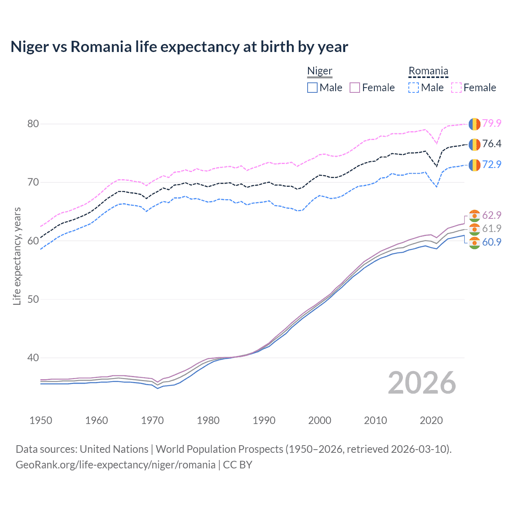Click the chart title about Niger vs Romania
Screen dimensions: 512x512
pyautogui.click(x=179, y=47)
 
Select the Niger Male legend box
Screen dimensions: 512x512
pyautogui.click(x=312, y=88)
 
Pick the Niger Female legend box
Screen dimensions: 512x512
pyautogui.click(x=355, y=88)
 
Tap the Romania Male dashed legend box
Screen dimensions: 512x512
pyautogui.click(x=414, y=88)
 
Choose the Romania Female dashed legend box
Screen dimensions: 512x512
pyautogui.click(x=456, y=88)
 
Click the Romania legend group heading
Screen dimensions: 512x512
pyautogui.click(x=428, y=71)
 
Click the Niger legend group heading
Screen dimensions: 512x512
pyautogui.click(x=320, y=71)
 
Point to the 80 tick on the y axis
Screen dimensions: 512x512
pyautogui.click(x=33, y=124)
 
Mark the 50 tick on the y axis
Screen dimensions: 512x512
pyautogui.click(x=33, y=299)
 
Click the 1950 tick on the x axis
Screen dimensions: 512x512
pyautogui.click(x=41, y=420)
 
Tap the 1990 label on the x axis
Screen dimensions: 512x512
pyautogui.click(x=264, y=420)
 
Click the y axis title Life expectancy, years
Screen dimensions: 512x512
pyautogui.click(x=17, y=256)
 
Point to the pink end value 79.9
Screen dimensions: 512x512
pyautogui.click(x=492, y=123)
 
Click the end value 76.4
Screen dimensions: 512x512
pyautogui.click(x=492, y=144)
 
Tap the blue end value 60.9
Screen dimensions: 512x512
pyautogui.click(x=492, y=242)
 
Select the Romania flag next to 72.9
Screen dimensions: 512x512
pyautogui.click(x=474, y=165)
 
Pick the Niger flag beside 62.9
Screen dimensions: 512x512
pyautogui.click(x=474, y=215)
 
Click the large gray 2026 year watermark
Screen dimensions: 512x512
pyautogui.click(x=422, y=383)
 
